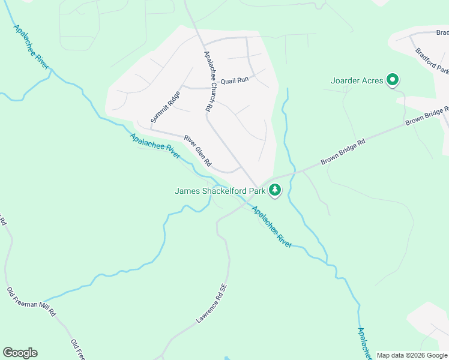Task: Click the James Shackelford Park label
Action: [219, 191]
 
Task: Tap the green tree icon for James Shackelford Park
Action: [275, 190]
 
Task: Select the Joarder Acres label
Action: [357, 80]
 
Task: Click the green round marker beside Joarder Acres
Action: [393, 79]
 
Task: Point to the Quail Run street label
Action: [234, 80]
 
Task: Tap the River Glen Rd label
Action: [197, 151]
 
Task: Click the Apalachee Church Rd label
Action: [208, 82]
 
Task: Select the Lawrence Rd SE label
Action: [213, 304]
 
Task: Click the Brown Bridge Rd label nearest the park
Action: [343, 152]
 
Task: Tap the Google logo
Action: [20, 353]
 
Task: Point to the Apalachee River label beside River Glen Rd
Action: [155, 146]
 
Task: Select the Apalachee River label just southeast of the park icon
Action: [271, 227]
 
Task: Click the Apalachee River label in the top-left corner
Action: [31, 47]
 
